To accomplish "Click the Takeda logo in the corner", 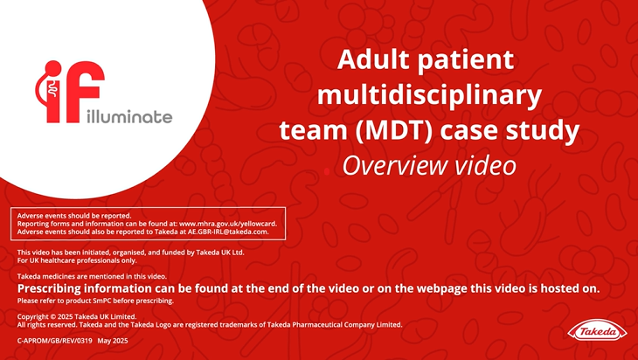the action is click(x=597, y=331).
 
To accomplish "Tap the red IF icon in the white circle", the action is click(x=70, y=92).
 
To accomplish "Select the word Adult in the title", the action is click(x=372, y=59).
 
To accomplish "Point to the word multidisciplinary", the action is click(x=429, y=96).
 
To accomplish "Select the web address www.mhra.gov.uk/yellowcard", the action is click(x=228, y=224).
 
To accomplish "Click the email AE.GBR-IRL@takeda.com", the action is click(x=228, y=232).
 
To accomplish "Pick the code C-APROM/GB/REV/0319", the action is click(x=54, y=341).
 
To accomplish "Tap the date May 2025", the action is click(x=113, y=341).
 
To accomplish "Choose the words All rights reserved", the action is click(x=47, y=324).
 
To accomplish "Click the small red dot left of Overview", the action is click(x=327, y=172).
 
